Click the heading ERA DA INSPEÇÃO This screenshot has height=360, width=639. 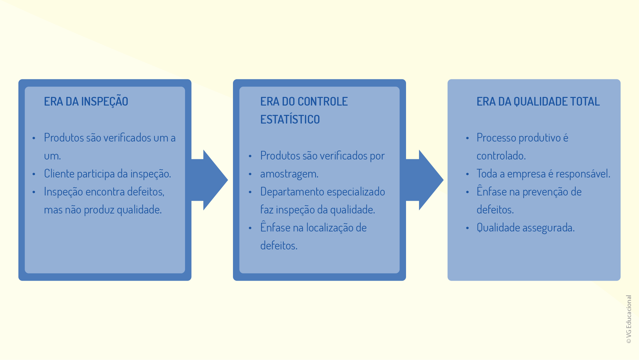point(86,102)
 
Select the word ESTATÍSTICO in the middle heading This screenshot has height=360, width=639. point(290,119)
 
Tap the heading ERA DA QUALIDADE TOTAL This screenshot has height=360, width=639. point(538,102)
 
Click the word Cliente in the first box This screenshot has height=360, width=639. point(59,174)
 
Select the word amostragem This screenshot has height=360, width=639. point(289,174)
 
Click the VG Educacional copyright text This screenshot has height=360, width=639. point(629,319)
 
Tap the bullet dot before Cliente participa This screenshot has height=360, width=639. point(34,174)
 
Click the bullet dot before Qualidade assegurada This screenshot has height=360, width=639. point(467,228)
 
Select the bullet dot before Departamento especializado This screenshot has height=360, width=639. point(250,192)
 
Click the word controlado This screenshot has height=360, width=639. point(501,156)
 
